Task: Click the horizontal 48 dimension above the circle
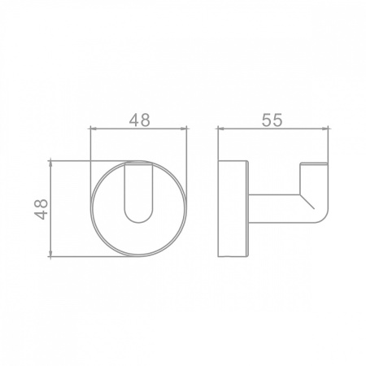pyautogui.click(x=139, y=120)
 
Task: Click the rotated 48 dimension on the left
pyautogui.click(x=41, y=209)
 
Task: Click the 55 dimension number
pyautogui.click(x=272, y=120)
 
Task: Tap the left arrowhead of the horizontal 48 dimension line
pyautogui.click(x=93, y=129)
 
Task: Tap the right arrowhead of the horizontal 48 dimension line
pyautogui.click(x=185, y=129)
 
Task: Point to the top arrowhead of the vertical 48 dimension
pyautogui.click(x=50, y=163)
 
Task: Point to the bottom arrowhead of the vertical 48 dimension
pyautogui.click(x=50, y=254)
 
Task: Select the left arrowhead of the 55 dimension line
pyautogui.click(x=220, y=129)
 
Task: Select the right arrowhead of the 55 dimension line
pyautogui.click(x=325, y=129)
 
